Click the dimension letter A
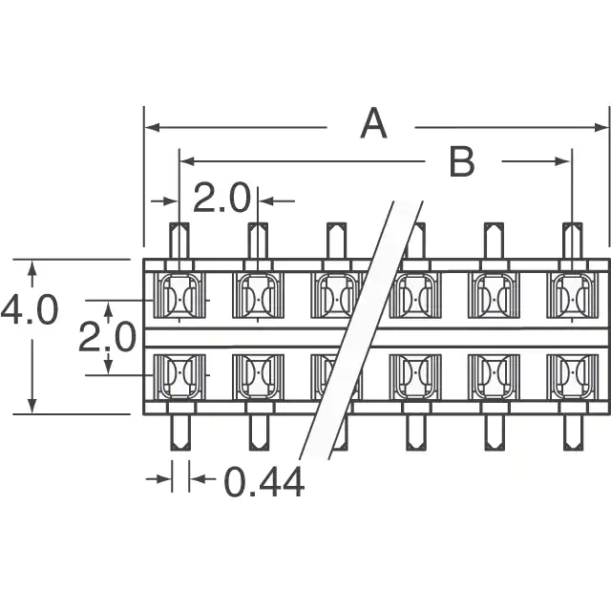(x=373, y=124)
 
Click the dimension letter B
(x=462, y=162)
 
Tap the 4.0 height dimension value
(x=30, y=311)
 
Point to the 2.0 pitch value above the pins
(x=221, y=199)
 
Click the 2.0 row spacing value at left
(x=107, y=338)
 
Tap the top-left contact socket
(x=179, y=295)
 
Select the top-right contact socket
(x=573, y=295)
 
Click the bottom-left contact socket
(x=179, y=376)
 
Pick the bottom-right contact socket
(x=573, y=376)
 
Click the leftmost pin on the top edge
(x=179, y=241)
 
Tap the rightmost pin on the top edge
(x=573, y=241)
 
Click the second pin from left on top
(x=258, y=241)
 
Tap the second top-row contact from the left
(x=258, y=295)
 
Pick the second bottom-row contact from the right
(x=494, y=376)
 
